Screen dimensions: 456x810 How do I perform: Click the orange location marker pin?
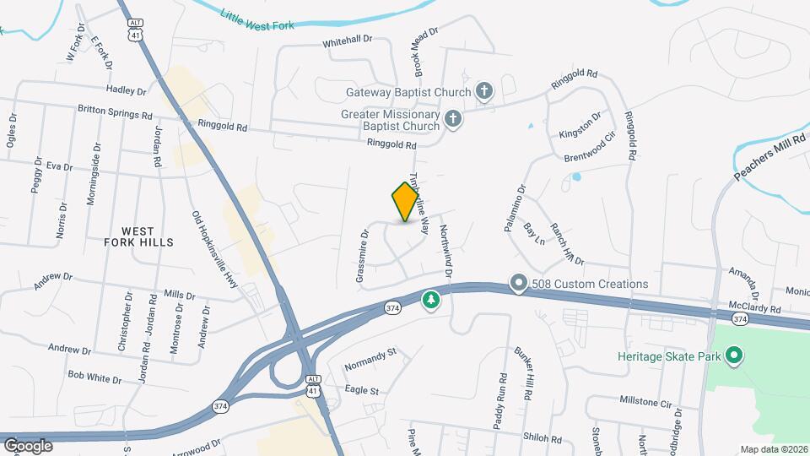click(x=406, y=201)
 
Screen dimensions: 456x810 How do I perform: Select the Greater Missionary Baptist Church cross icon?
click(x=453, y=119)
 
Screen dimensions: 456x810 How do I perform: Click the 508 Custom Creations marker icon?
click(x=519, y=285)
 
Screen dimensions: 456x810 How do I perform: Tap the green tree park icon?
click(x=431, y=300)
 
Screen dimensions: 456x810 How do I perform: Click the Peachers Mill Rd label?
click(x=770, y=157)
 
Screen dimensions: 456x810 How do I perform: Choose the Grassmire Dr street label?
click(x=362, y=255)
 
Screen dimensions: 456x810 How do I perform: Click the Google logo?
click(x=28, y=445)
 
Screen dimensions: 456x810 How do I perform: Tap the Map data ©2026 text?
click(x=773, y=449)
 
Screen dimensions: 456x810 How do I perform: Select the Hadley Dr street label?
click(x=127, y=90)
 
